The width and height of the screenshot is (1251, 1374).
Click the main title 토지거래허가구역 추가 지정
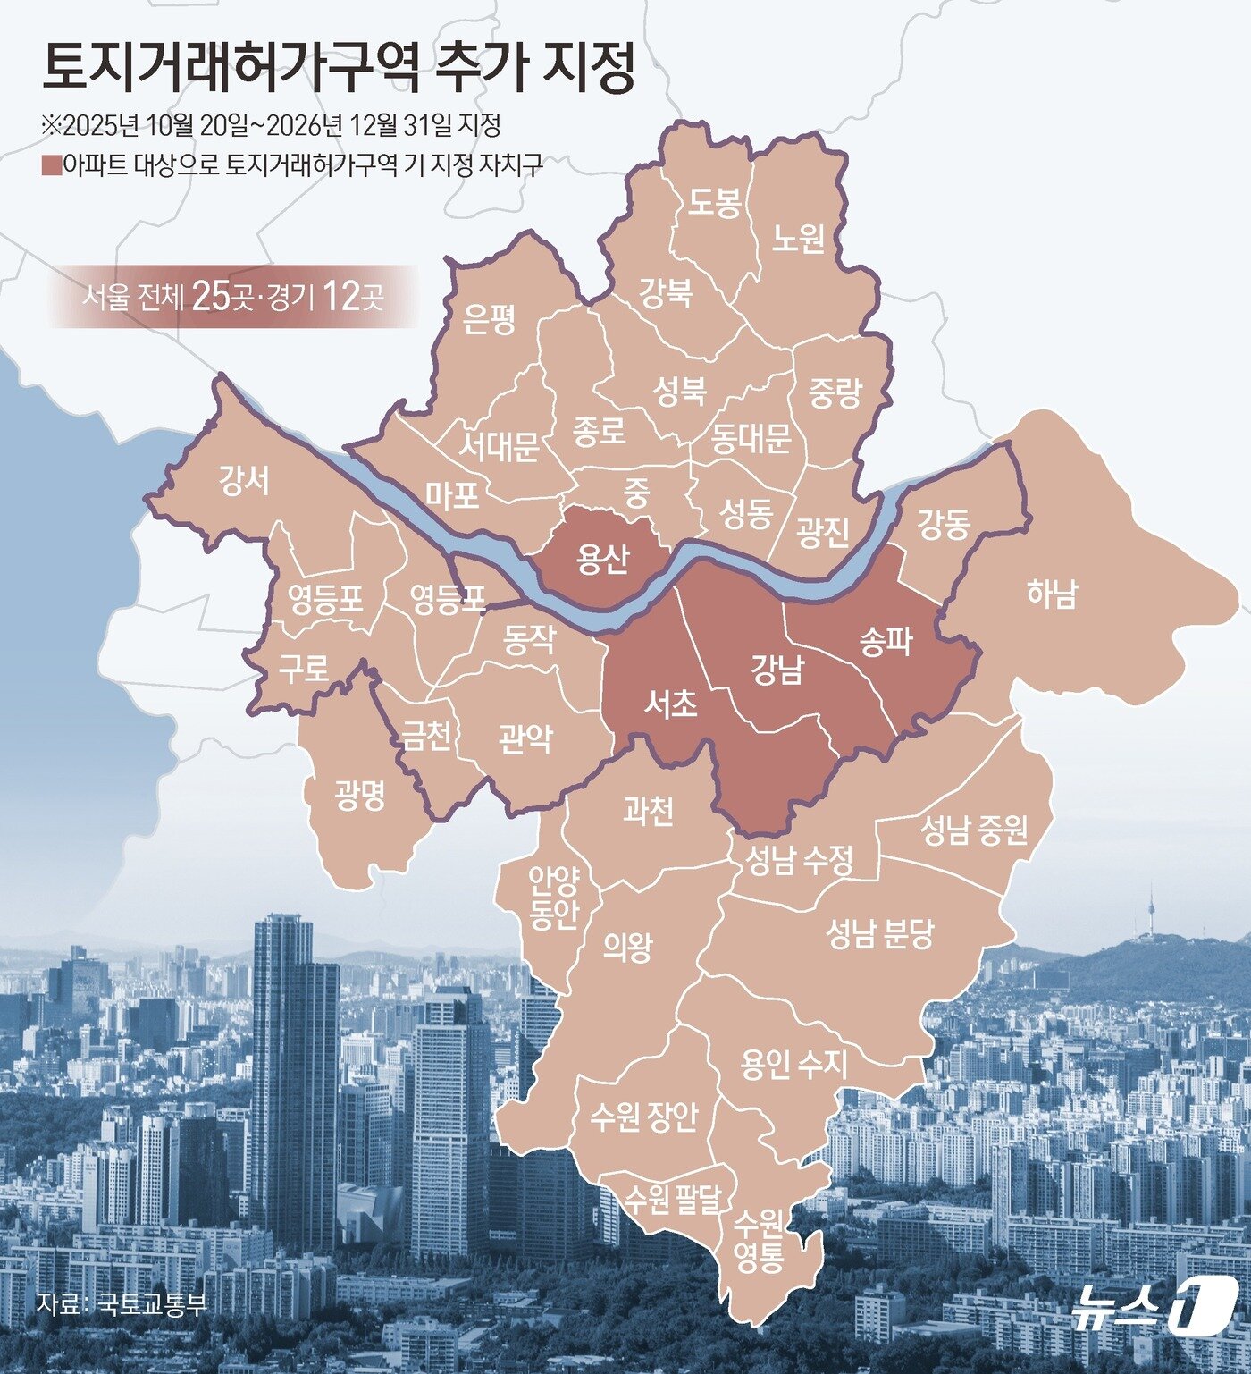[338, 69]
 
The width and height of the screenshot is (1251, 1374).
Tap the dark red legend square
[51, 165]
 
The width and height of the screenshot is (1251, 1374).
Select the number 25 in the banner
[211, 296]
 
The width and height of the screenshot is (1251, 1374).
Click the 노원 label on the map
[798, 239]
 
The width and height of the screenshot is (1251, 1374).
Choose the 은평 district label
[490, 319]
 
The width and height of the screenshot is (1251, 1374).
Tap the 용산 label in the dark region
[603, 559]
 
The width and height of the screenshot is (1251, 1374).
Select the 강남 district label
[777, 669]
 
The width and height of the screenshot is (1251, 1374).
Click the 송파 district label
[885, 641]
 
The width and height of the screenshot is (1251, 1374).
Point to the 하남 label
[1052, 594]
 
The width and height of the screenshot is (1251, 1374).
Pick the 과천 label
[648, 810]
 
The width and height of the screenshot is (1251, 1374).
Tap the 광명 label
[360, 794]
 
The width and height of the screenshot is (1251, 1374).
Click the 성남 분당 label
[879, 933]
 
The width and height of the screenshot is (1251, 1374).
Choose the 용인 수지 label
[793, 1064]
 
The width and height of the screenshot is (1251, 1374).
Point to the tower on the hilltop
[1151, 912]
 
